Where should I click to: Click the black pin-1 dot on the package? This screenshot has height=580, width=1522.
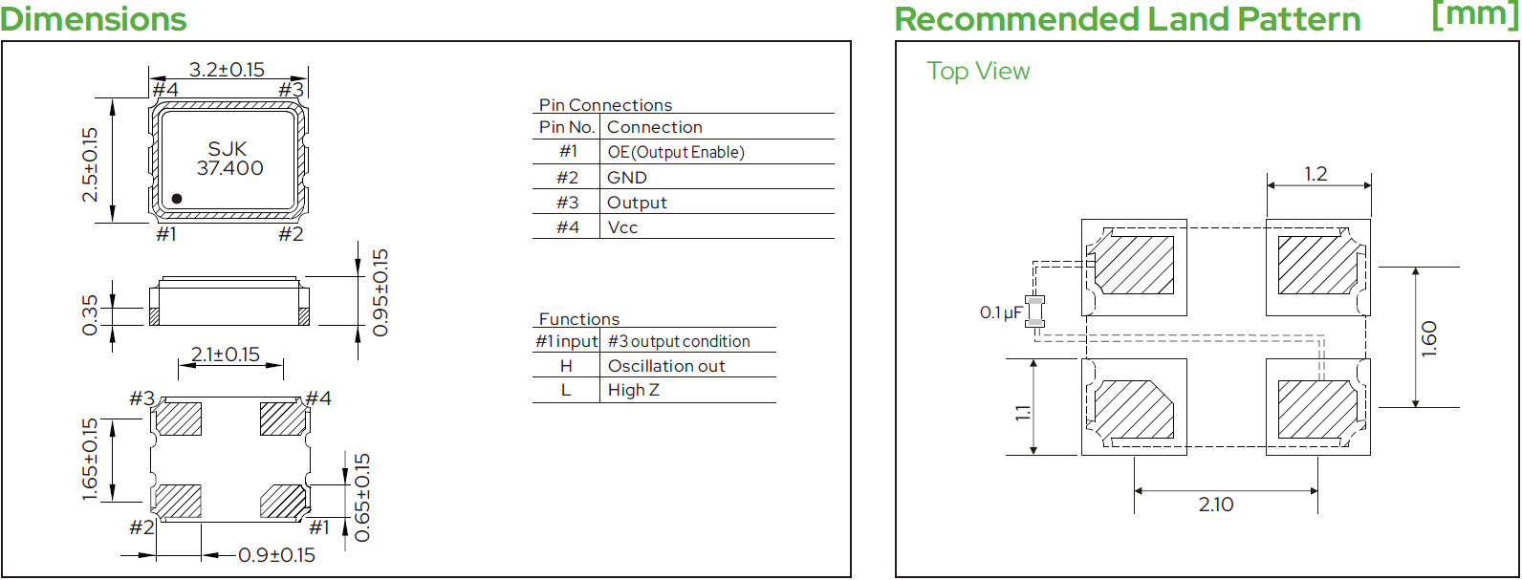click(x=177, y=199)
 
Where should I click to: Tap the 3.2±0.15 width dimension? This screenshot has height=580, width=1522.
click(x=227, y=69)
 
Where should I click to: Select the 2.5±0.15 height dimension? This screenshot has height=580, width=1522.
click(x=91, y=164)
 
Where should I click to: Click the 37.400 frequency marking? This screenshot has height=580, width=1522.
click(x=229, y=168)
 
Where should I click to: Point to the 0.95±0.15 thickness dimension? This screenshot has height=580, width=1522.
click(x=380, y=292)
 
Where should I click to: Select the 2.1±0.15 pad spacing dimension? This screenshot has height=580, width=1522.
click(x=226, y=354)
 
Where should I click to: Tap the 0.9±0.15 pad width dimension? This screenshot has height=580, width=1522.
click(x=276, y=555)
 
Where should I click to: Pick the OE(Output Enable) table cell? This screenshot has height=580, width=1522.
click(x=676, y=152)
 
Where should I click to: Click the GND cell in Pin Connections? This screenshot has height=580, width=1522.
click(x=626, y=178)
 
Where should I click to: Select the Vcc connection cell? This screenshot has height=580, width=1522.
click(x=622, y=227)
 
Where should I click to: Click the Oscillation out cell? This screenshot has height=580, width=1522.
click(x=665, y=366)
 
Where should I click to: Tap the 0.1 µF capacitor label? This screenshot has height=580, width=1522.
click(x=1001, y=312)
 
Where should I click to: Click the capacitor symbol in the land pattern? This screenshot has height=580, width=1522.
click(x=1034, y=311)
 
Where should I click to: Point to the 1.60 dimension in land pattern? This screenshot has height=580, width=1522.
click(x=1429, y=338)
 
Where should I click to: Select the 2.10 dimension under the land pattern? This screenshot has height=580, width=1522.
click(x=1216, y=505)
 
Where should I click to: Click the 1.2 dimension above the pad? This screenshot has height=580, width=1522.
click(x=1316, y=174)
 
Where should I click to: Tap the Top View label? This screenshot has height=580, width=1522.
click(x=978, y=72)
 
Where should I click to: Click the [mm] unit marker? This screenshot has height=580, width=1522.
click(x=1474, y=15)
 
